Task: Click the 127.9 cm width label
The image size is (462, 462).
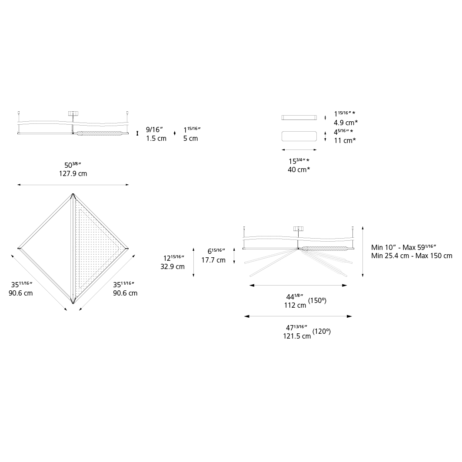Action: tap(73, 173)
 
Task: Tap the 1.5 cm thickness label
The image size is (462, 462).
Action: tap(156, 138)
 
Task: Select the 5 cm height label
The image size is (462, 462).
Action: tap(190, 138)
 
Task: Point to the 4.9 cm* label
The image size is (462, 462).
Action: tap(346, 122)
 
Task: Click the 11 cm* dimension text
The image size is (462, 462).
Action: tap(345, 140)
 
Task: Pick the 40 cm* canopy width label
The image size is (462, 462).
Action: tap(299, 170)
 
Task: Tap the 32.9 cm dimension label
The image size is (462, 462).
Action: tap(173, 266)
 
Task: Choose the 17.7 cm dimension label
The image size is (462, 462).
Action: tap(213, 260)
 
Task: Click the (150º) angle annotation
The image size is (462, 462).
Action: tap(317, 300)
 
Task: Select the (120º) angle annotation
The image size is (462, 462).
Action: tap(322, 332)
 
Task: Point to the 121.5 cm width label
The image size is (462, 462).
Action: tap(297, 336)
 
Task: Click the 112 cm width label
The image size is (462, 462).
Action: tap(295, 305)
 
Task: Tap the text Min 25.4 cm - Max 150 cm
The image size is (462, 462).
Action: tap(412, 256)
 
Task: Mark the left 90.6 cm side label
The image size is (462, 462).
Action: tap(20, 293)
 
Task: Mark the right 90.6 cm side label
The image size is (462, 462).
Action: tap(125, 293)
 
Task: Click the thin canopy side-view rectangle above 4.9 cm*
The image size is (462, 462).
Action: tap(299, 117)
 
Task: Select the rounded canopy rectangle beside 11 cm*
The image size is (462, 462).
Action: tap(299, 136)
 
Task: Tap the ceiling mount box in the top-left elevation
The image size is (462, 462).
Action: tap(73, 113)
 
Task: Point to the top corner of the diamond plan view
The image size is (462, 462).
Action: tap(73, 193)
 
